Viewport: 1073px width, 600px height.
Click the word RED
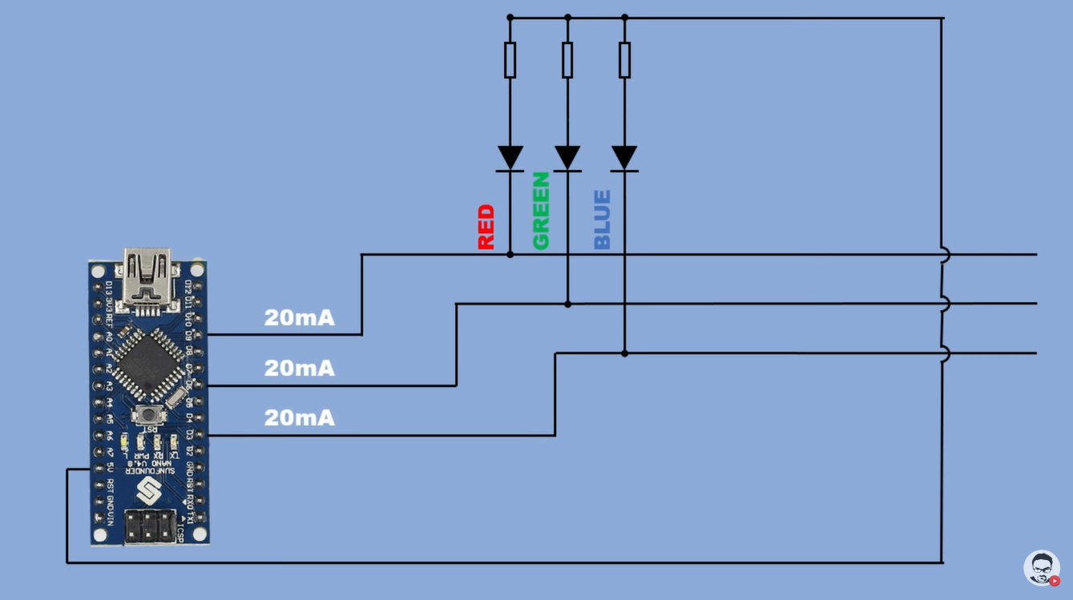tap(486, 228)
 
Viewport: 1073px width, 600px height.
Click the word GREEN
tap(541, 211)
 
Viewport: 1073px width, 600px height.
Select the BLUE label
tap(602, 219)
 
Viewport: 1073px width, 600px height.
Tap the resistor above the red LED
tap(510, 60)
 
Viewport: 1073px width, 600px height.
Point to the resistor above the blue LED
tap(624, 60)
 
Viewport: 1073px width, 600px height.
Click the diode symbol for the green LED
tap(567, 157)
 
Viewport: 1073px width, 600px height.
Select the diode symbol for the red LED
tap(510, 157)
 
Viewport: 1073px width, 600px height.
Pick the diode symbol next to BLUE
tap(624, 157)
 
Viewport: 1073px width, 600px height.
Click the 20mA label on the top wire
tap(300, 318)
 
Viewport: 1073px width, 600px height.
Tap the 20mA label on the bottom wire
tap(300, 417)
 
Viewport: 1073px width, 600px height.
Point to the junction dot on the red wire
tap(510, 255)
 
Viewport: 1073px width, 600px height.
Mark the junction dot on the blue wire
tap(624, 352)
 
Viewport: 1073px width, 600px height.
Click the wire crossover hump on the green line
tap(945, 304)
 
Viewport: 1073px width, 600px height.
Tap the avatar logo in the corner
tap(1042, 568)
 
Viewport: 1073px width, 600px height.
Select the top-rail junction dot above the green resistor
tap(567, 17)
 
